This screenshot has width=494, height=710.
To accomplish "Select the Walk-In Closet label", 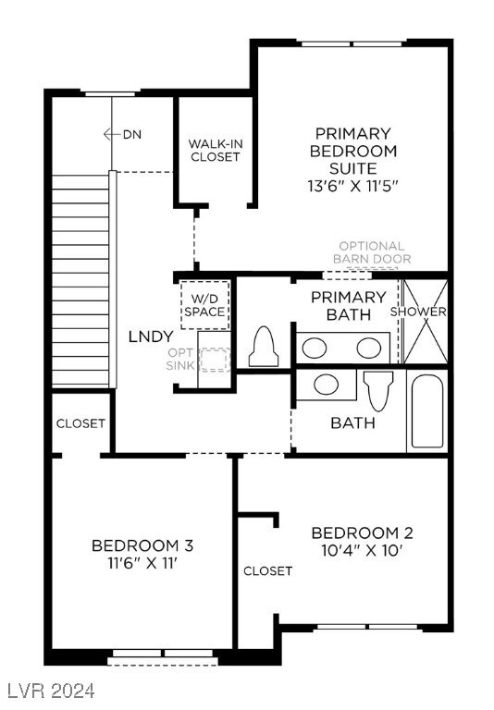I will pos(215,150).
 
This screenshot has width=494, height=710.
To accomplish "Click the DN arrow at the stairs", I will pos(122,134).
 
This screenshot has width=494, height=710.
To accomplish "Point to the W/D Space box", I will pos(204,304).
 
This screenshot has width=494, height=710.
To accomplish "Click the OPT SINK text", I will pos(181,360).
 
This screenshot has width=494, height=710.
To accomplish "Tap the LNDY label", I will pos(151,336).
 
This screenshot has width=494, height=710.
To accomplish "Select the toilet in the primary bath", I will pos(265,348).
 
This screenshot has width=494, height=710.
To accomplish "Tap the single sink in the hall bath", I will pos(324,385).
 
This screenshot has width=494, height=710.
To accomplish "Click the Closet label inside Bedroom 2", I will pos(267,570).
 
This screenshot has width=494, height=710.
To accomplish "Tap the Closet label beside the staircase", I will pos(80,423).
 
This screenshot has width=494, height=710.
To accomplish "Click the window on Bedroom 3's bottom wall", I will pos(163,657).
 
